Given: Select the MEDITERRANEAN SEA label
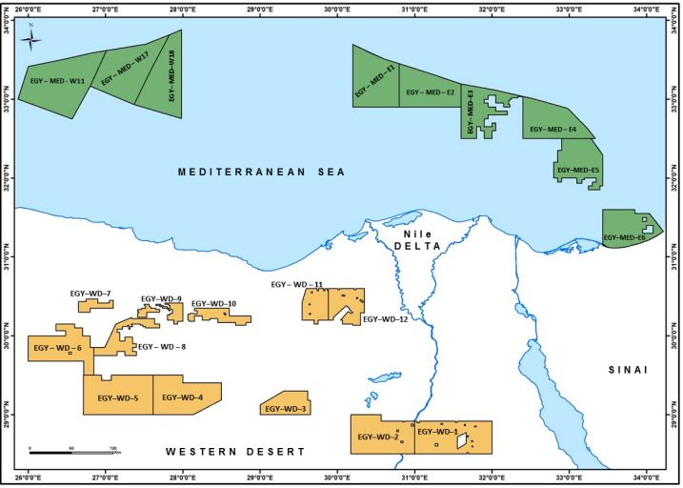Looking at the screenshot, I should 261,172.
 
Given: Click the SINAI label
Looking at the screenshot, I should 627,369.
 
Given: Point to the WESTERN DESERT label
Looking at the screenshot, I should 233,451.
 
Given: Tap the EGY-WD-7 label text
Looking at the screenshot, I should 90,294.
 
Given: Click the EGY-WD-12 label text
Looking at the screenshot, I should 386,318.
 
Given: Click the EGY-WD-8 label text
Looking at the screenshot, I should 161,347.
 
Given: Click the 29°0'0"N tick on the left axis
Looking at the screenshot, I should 11,416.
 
